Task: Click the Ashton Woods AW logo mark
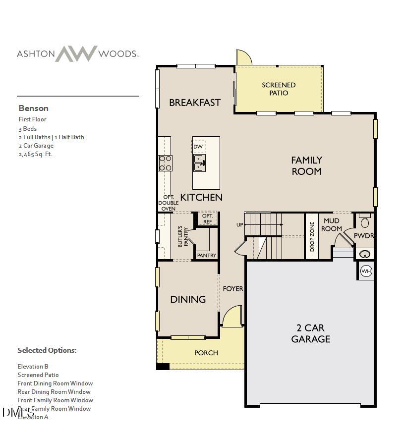76,54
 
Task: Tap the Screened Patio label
279,89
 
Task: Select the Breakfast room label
195,103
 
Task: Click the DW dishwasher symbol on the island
198,147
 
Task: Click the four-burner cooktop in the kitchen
165,163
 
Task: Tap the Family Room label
306,165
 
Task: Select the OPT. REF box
207,218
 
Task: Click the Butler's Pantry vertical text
183,237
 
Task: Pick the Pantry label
206,256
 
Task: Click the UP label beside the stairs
240,225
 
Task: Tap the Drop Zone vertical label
312,237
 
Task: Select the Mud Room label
332,225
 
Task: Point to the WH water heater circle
366,271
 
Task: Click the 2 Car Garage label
310,333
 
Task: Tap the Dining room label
188,299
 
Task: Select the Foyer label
232,288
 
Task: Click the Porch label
206,353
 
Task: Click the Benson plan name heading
34,108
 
